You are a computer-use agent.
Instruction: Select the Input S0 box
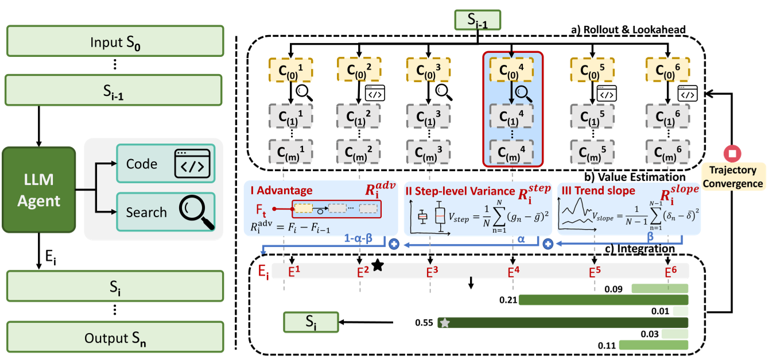point(115,42)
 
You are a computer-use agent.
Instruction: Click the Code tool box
point(165,164)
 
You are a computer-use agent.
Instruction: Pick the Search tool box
point(165,212)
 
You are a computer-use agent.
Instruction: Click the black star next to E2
point(377,265)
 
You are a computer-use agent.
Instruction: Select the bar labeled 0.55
point(562,323)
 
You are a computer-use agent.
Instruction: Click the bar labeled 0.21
point(603,300)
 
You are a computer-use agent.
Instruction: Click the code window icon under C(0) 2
point(374,91)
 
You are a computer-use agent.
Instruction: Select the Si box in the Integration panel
point(310,323)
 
